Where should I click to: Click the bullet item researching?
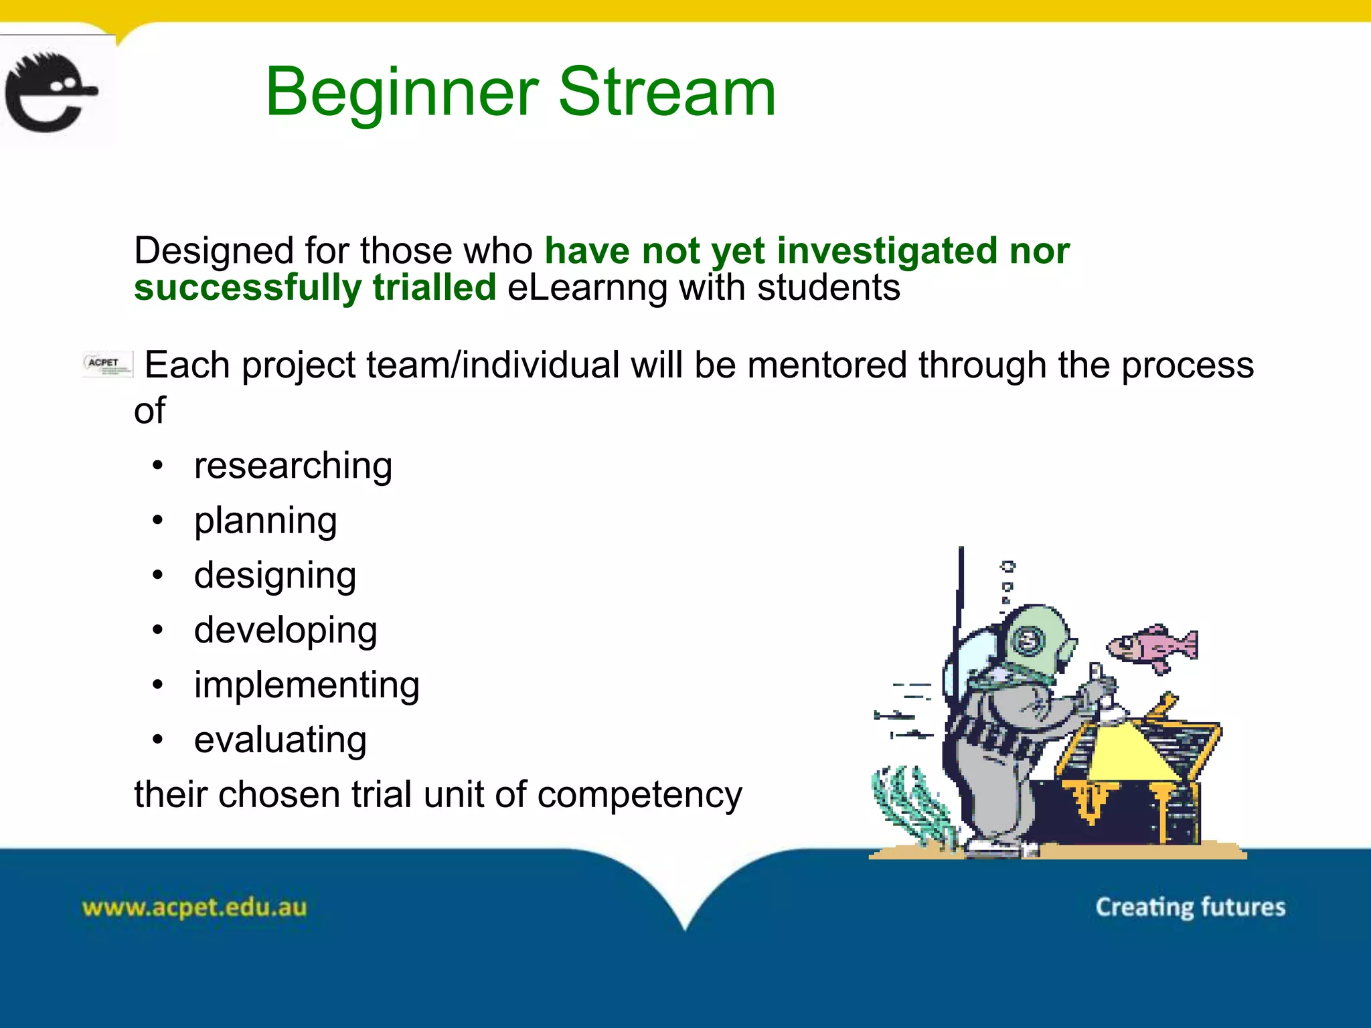[x=293, y=466]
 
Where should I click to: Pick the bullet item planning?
[x=265, y=521]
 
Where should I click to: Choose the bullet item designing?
[x=274, y=576]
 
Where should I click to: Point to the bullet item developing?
[x=285, y=630]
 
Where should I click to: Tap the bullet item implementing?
[x=307, y=685]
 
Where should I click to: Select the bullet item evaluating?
[x=280, y=740]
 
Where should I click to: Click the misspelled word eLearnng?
[x=587, y=288]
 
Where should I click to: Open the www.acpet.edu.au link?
[x=194, y=908]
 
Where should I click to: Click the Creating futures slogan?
[x=1190, y=907]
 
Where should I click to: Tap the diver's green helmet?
[x=1034, y=639]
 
